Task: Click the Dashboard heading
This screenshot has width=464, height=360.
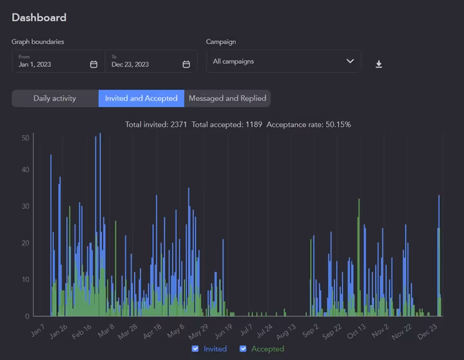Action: pos(39,18)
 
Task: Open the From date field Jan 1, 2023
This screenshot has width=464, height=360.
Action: pos(52,64)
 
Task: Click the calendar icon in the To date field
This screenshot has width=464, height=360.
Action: pos(186,64)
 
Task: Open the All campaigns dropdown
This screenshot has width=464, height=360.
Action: pos(284,61)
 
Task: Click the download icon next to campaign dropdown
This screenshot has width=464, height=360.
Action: pos(379,64)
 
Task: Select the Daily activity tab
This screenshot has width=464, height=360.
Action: pos(55,99)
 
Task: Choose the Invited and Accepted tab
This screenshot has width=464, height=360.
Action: pos(141,99)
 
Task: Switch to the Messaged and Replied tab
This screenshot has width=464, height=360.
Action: pos(227,99)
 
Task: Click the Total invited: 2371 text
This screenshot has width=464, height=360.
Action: pos(156,124)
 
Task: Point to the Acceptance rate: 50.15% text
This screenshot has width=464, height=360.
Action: pos(309,124)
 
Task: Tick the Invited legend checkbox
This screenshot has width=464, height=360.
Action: pos(195,348)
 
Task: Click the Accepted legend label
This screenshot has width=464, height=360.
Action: pos(267,348)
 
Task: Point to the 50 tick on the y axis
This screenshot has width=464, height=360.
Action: pos(26,138)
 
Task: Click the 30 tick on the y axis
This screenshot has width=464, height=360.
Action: pos(26,207)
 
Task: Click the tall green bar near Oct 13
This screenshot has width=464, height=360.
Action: pos(358,258)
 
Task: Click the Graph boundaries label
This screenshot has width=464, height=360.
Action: pos(38,42)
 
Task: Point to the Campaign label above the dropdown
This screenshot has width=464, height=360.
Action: pos(221,42)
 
